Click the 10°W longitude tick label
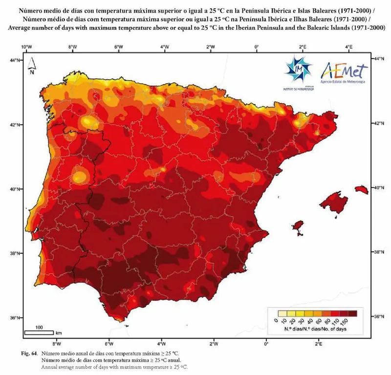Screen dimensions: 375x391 26,47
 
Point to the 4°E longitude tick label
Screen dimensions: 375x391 348,47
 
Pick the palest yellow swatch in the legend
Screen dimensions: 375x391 281,313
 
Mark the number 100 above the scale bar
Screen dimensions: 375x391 39,327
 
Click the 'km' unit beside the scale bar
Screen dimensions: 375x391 58,333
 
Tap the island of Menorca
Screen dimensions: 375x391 362,189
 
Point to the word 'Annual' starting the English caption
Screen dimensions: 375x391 50,366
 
